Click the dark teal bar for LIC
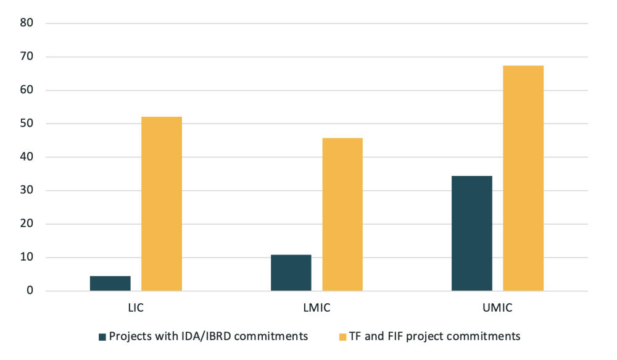tap(110, 283)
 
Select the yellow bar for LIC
tap(162, 204)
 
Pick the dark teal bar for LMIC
tap(291, 273)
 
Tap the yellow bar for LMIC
tap(342, 214)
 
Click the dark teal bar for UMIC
tap(472, 233)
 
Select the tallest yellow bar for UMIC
tap(523, 178)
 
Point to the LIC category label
tap(136, 306)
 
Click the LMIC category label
tap(317, 306)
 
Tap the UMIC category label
tap(497, 306)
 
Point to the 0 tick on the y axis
tap(30, 291)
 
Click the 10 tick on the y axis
tap(27, 257)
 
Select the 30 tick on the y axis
tap(27, 191)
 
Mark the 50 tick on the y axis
tap(27, 123)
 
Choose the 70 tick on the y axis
tap(27, 57)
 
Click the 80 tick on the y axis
tap(27, 23)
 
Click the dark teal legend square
tap(102, 337)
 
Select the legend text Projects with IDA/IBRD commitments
tap(209, 337)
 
